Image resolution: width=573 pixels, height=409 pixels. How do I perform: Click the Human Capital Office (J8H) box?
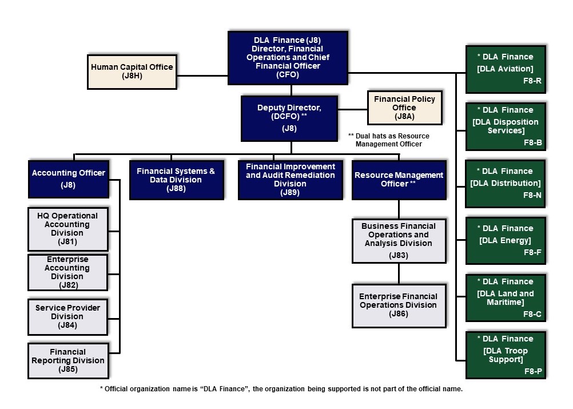(132, 72)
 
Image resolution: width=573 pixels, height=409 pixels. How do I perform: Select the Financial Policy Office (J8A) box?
(404, 108)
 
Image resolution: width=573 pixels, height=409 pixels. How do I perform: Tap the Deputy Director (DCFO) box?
(289, 118)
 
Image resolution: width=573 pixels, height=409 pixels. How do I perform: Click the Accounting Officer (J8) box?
(69, 179)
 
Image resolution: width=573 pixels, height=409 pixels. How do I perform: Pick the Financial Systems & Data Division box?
(177, 180)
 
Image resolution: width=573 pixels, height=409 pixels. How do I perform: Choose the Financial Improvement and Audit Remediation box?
(290, 180)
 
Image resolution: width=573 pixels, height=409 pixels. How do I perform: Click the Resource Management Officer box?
(399, 180)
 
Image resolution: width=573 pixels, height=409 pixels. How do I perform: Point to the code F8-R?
(532, 81)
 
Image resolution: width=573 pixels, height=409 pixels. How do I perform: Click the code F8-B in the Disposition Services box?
(533, 142)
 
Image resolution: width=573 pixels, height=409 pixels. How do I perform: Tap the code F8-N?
(532, 195)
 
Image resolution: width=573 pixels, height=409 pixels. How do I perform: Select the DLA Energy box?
(506, 240)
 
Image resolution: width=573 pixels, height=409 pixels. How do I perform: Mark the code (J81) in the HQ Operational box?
(67, 241)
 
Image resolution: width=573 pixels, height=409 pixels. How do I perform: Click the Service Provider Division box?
(68, 317)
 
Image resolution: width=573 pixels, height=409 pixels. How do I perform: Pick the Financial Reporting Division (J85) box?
(68, 360)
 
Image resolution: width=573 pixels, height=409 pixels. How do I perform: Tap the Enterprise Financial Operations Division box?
(399, 305)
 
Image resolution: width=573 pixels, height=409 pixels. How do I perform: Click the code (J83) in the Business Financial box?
(399, 255)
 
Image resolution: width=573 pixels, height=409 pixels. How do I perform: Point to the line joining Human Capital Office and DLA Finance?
(202, 76)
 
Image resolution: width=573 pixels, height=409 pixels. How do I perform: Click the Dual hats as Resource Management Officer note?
(389, 140)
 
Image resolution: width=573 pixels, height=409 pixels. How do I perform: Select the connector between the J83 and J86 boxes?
(399, 274)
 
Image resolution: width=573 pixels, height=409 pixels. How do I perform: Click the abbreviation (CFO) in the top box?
(288, 74)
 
